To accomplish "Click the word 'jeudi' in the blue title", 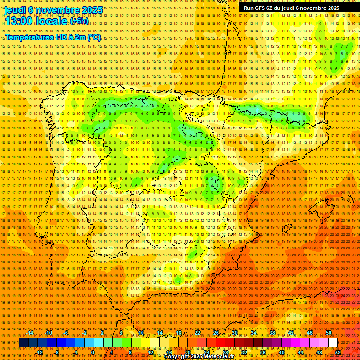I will [15, 9].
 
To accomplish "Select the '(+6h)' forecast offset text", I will [78, 22].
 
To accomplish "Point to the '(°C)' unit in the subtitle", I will [94, 37].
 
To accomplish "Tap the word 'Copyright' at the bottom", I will [177, 357].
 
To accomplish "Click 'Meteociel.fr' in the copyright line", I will [219, 357].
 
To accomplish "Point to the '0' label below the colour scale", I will [93, 352].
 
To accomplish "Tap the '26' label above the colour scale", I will [216, 333].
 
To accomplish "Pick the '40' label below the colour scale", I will [282, 352].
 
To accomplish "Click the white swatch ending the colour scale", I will [333, 343].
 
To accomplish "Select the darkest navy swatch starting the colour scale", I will [23, 343].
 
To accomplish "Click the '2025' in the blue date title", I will [89, 9].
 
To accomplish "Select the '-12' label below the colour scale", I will [39, 352].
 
